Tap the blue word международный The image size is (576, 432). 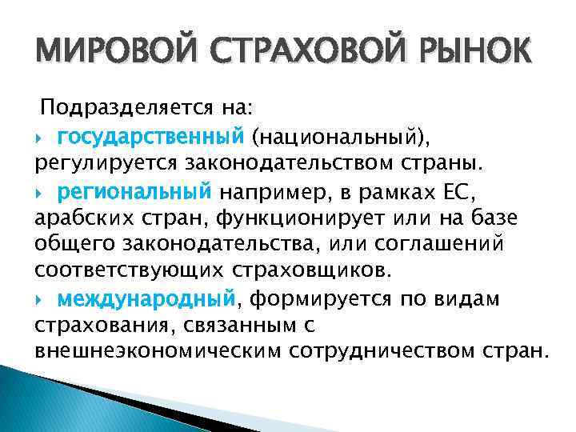(147, 299)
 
